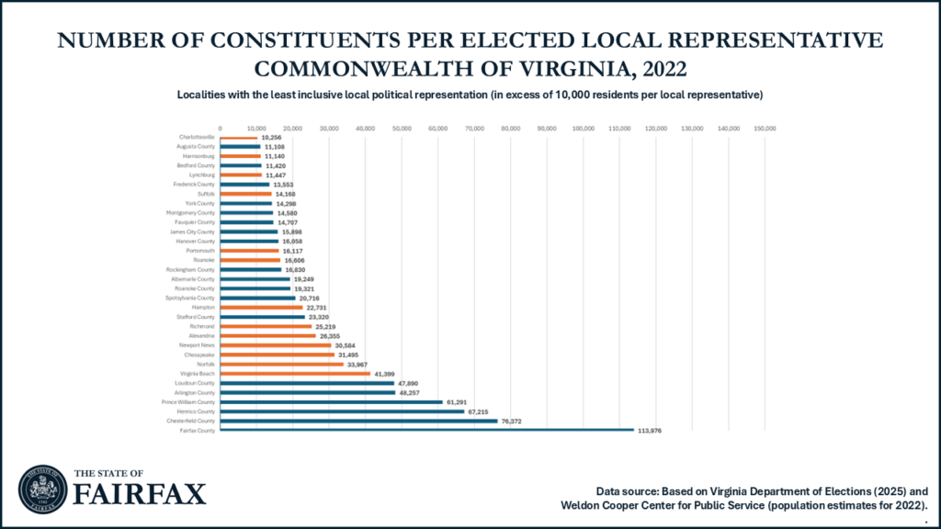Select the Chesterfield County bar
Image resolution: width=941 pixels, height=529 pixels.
pyautogui.click(x=358, y=421)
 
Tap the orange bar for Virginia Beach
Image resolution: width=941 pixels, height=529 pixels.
pyautogui.click(x=295, y=374)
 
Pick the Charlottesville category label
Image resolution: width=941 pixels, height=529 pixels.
pyautogui.click(x=197, y=137)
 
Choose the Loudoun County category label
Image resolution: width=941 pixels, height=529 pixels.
pyautogui.click(x=194, y=383)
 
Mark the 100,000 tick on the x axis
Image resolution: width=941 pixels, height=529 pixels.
pyautogui.click(x=584, y=128)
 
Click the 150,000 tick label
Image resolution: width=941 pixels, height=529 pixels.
pyautogui.click(x=765, y=128)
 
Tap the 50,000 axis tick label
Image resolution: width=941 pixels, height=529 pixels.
pyautogui.click(x=402, y=128)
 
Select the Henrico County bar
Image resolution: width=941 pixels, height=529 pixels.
pyautogui.click(x=342, y=411)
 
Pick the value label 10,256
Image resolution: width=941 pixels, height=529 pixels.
pyautogui.click(x=274, y=137)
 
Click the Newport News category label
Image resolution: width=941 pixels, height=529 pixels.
pyautogui.click(x=197, y=345)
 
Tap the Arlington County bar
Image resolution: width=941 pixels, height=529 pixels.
pyautogui.click(x=307, y=392)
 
